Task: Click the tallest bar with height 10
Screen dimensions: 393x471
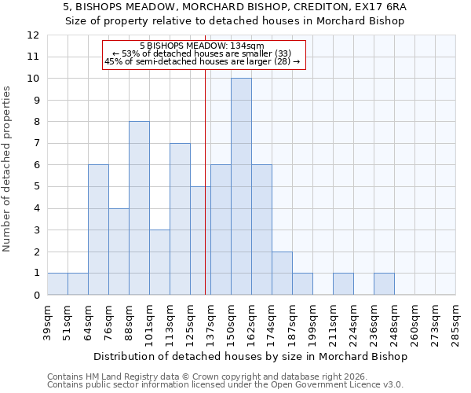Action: click(x=241, y=186)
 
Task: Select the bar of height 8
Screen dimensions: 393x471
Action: click(x=139, y=208)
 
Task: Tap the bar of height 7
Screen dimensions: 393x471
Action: click(x=180, y=219)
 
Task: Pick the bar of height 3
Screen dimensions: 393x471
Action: click(x=159, y=262)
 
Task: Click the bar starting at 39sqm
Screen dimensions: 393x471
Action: click(x=57, y=284)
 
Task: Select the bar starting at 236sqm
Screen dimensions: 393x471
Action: click(x=384, y=284)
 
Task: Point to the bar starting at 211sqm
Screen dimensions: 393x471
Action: click(x=343, y=284)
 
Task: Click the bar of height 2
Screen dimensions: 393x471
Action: click(x=282, y=273)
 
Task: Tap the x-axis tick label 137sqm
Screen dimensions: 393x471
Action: click(x=210, y=320)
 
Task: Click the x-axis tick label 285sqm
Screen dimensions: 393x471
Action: click(x=455, y=320)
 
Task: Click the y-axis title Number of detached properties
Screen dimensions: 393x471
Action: click(x=7, y=169)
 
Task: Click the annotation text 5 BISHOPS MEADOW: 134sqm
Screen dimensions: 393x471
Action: click(x=203, y=46)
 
